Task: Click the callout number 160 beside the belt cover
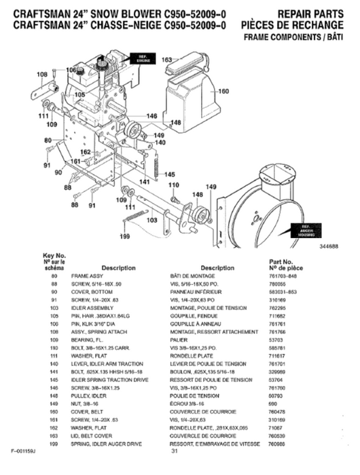(223, 91)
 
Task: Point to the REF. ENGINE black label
(142, 58)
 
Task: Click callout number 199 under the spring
(124, 236)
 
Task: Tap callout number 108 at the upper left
(41, 74)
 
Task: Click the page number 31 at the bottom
(175, 451)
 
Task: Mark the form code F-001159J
(24, 451)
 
